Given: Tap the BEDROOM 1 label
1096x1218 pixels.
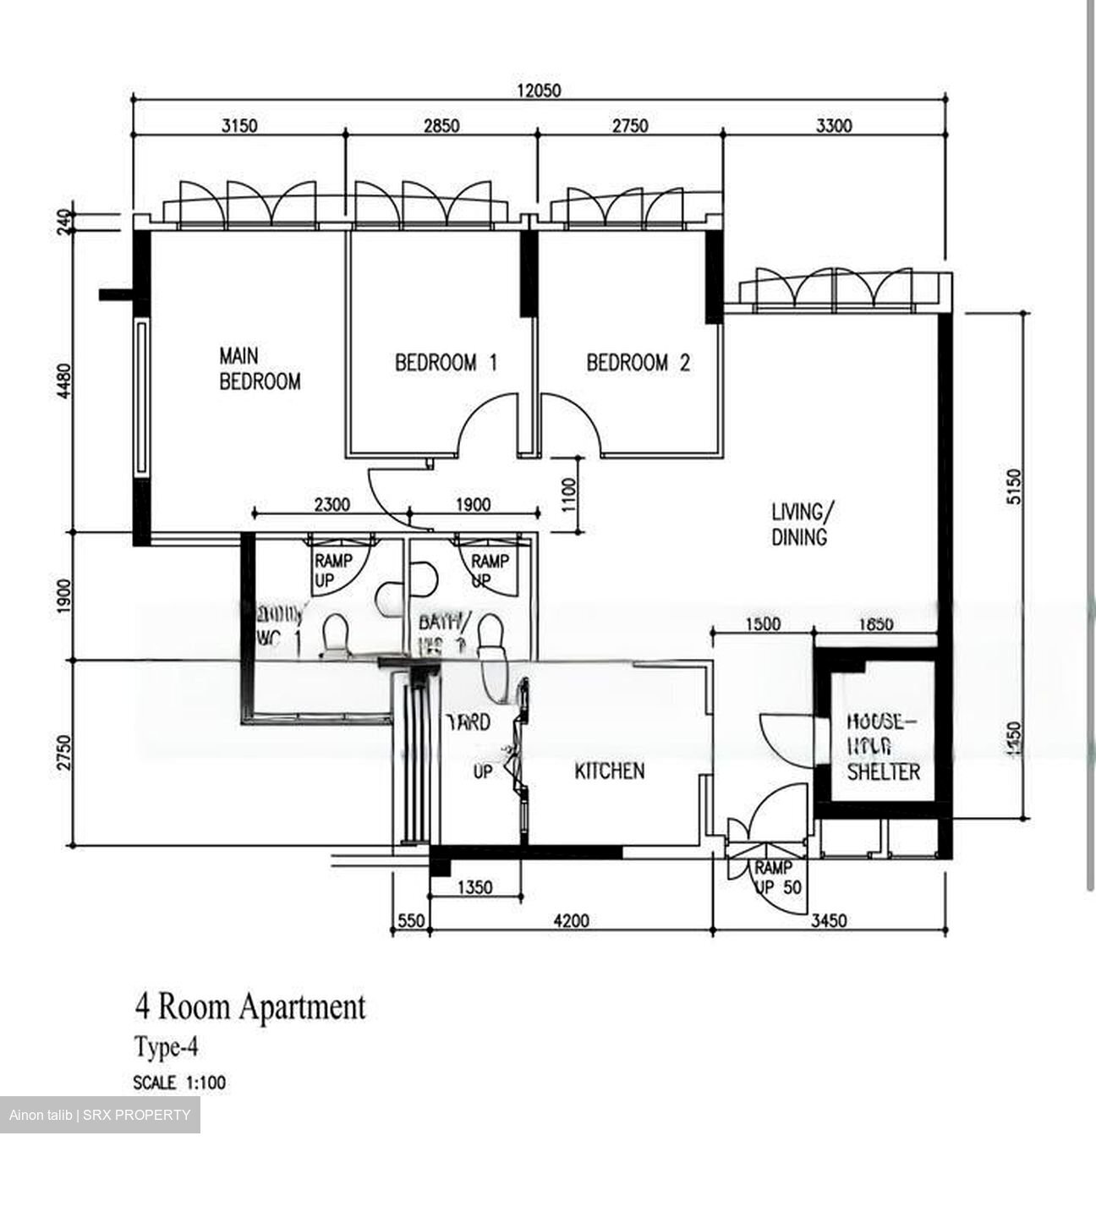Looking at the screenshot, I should (x=446, y=363).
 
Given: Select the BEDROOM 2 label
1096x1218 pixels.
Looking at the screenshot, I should (x=638, y=363).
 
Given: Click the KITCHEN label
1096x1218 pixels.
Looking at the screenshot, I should (x=609, y=771).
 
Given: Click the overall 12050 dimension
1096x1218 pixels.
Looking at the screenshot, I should (x=539, y=91).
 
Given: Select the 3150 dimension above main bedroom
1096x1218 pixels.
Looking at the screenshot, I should (x=238, y=126).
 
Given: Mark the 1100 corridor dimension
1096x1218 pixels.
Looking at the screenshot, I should (x=567, y=495).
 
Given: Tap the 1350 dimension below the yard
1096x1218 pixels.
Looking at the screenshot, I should (x=474, y=887).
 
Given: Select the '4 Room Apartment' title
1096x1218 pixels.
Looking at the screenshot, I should (x=250, y=1007).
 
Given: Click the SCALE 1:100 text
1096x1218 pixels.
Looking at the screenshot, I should (x=179, y=1083).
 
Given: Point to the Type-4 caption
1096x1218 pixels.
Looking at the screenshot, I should (x=166, y=1048).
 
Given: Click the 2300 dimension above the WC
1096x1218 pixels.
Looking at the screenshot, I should (x=332, y=505).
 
